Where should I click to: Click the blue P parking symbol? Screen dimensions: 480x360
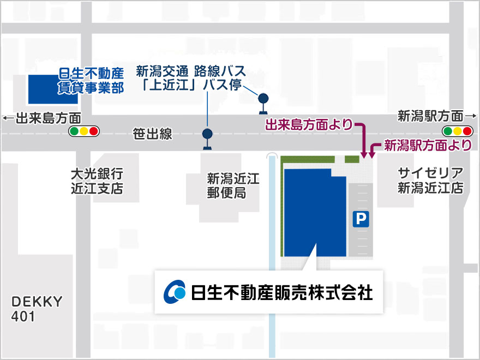tap(360, 219)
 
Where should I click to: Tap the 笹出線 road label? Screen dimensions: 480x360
tap(152, 134)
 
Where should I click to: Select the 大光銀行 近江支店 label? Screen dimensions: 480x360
tap(97, 181)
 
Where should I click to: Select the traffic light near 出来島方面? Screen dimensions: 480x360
tap(83, 131)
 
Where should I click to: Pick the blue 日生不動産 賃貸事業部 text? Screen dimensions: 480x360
tap(91, 80)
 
